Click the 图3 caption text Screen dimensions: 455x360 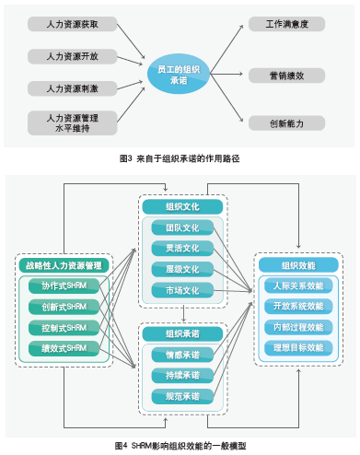[x=180, y=157]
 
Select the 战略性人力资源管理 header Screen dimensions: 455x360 [x=64, y=265]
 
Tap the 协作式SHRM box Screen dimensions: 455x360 [x=64, y=286]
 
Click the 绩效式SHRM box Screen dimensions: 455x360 [x=64, y=347]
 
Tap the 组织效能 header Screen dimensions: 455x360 [x=296, y=265]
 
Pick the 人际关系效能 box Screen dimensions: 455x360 [x=296, y=286]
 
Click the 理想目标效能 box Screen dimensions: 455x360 [x=296, y=347]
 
